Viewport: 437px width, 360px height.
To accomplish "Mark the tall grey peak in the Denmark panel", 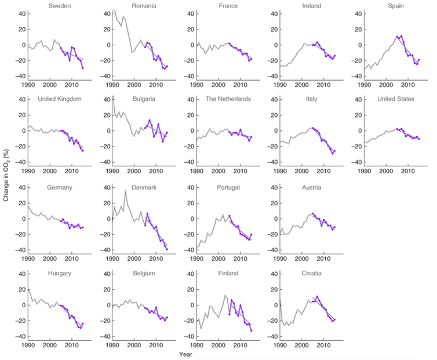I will [x=125, y=191].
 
